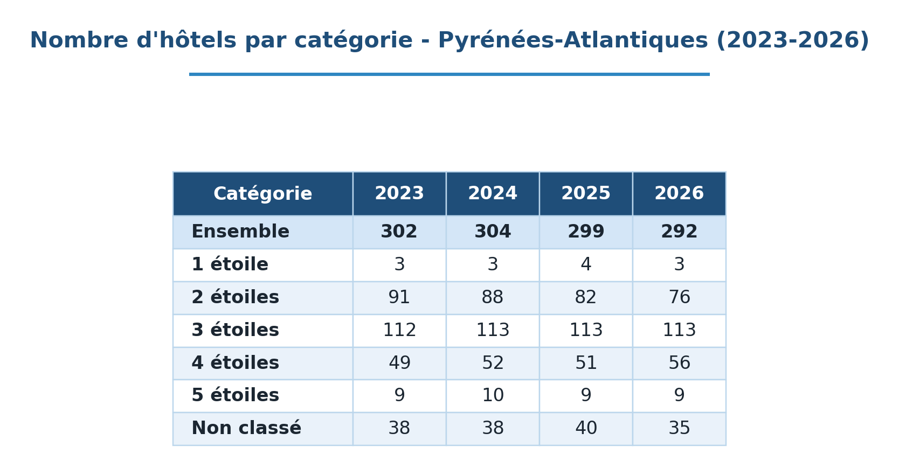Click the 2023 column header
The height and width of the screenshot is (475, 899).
(x=399, y=193)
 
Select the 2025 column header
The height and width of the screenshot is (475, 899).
(x=586, y=193)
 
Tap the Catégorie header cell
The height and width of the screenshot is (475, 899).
(x=263, y=194)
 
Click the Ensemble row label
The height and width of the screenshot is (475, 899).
(x=240, y=232)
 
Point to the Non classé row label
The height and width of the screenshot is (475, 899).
(x=246, y=428)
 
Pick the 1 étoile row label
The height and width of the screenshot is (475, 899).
(x=230, y=264)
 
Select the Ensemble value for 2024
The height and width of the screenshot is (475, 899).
(x=493, y=232)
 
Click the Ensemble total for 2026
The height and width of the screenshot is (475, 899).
(x=679, y=232)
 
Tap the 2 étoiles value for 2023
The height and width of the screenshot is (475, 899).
(x=399, y=297)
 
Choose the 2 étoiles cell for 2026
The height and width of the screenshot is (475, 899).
(x=679, y=297)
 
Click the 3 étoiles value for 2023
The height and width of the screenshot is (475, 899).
(x=399, y=330)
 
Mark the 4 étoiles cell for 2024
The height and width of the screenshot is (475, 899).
(x=493, y=362)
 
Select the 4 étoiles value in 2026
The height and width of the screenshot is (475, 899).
(x=679, y=362)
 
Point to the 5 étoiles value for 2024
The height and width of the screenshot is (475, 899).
(x=493, y=395)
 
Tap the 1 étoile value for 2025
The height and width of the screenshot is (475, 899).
(x=586, y=264)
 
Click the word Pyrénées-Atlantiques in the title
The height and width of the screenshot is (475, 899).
(x=573, y=41)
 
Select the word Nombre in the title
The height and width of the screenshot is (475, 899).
(x=79, y=40)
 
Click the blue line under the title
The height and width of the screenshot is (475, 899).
(x=449, y=74)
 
